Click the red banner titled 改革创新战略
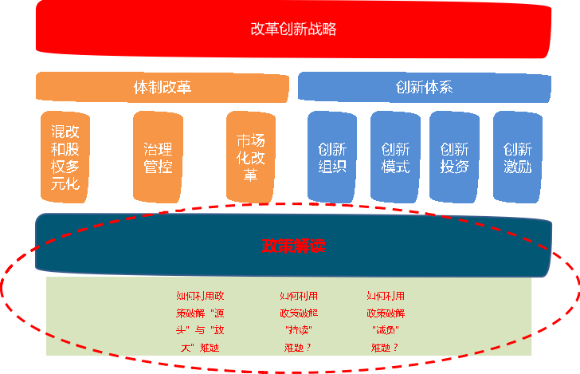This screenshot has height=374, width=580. [293, 30]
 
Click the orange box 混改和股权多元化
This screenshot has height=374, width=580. [65, 157]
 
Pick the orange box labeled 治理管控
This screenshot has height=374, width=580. [158, 157]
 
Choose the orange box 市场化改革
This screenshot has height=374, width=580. [250, 157]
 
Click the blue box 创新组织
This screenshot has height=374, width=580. [332, 157]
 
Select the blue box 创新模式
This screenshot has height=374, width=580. [395, 157]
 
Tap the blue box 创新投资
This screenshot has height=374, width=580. [454, 157]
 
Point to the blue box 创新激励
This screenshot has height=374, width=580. [518, 157]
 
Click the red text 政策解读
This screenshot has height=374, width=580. [293, 246]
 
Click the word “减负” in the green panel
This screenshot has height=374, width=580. [386, 329]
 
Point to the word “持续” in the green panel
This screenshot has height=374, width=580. [299, 329]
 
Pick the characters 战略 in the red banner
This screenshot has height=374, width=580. [322, 30]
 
